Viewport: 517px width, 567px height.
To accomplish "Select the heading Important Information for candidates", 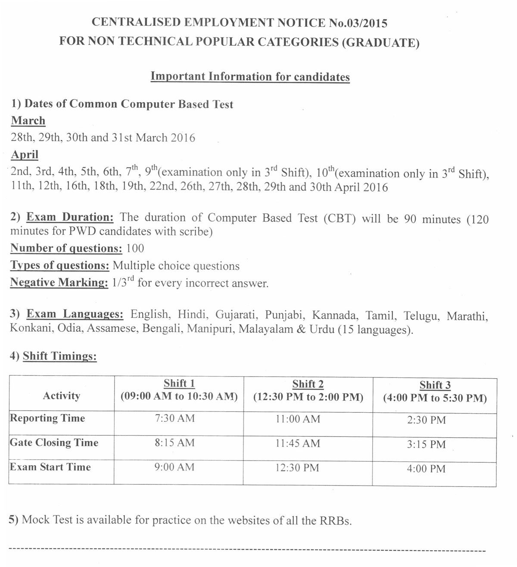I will [250, 77].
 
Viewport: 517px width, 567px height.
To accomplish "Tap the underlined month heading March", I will [28, 121].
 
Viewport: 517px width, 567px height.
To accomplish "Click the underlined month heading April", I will [25, 154].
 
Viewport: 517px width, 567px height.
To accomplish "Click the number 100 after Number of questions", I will [135, 249].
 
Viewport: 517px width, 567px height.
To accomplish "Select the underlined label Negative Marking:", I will [59, 283].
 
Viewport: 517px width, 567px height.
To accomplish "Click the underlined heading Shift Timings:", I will [59, 356].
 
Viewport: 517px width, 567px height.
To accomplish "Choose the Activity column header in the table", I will [61, 396].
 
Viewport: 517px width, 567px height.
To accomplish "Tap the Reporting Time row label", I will [47, 418].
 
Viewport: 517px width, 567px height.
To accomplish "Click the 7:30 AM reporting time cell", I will [174, 418].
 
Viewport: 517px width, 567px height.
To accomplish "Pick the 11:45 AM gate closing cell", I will [298, 443].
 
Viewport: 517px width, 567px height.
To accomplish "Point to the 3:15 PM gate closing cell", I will [426, 445].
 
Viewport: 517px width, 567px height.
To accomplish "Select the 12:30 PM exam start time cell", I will [297, 467].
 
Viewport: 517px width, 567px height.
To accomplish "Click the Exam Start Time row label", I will [50, 467].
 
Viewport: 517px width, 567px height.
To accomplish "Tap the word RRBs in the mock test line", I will [335, 520].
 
